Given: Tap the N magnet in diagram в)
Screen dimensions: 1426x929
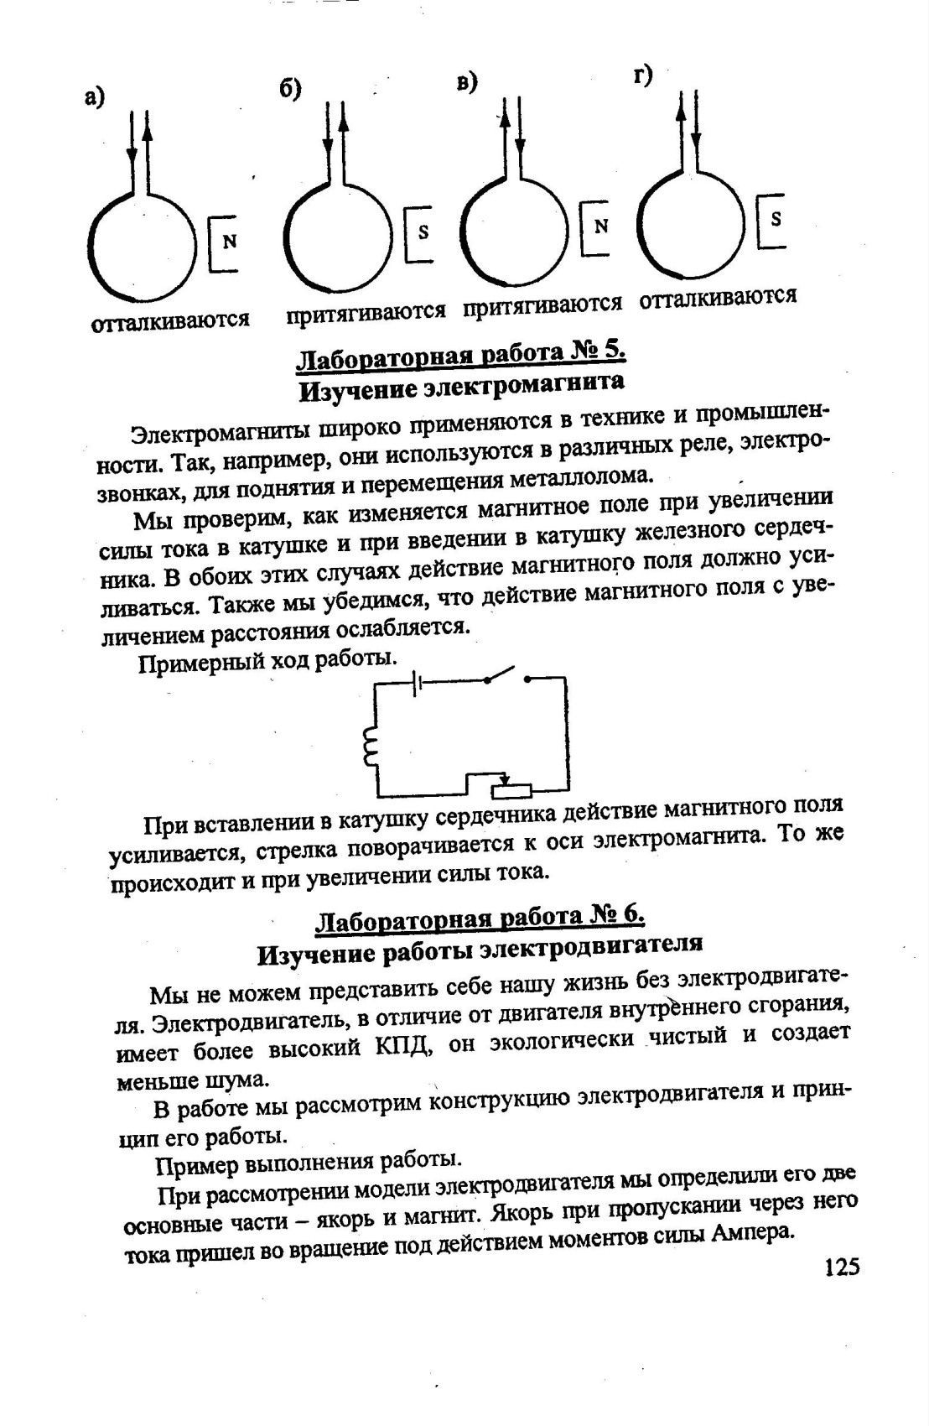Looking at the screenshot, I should pyautogui.click(x=597, y=226).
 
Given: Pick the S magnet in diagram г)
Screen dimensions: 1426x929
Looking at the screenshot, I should pyautogui.click(x=774, y=220).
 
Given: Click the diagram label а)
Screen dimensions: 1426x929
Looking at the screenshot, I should pyautogui.click(x=95, y=97).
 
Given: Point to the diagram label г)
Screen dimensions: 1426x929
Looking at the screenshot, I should pyautogui.click(x=643, y=75).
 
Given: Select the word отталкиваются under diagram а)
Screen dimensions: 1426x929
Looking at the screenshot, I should pyautogui.click(x=170, y=320).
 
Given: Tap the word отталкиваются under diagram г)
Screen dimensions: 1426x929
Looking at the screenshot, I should pyautogui.click(x=718, y=297).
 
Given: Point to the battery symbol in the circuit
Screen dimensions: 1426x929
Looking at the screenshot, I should pyautogui.click(x=416, y=684).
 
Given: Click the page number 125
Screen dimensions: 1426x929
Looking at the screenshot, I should pyautogui.click(x=842, y=1266).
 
